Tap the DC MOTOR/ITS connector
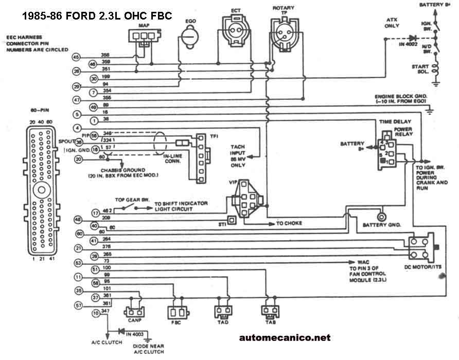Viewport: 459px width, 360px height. [x=420, y=248]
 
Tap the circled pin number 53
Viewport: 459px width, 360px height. [x=78, y=263]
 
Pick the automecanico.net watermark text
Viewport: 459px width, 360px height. [x=285, y=338]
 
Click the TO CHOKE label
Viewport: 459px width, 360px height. [x=289, y=224]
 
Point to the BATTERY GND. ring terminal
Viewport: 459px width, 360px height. [x=381, y=216]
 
